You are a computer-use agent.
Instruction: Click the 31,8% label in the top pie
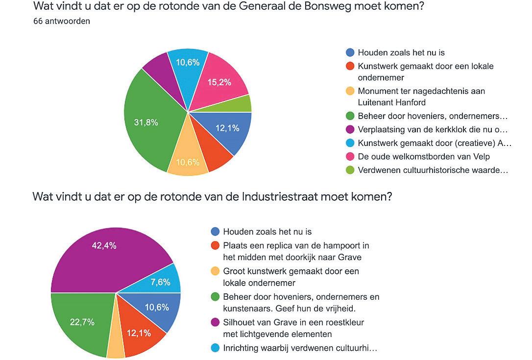pyautogui.click(x=146, y=122)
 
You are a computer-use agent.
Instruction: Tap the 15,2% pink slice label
pyautogui.click(x=219, y=82)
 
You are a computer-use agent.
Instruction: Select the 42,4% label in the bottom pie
pyautogui.click(x=104, y=245)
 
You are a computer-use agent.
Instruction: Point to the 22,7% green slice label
pyautogui.click(x=82, y=322)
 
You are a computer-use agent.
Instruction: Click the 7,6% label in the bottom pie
pyautogui.click(x=161, y=282)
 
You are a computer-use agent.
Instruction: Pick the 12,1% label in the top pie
pyautogui.click(x=227, y=128)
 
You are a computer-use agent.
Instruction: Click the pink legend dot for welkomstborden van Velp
pyautogui.click(x=350, y=156)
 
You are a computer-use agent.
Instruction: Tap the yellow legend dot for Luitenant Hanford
pyautogui.click(x=350, y=91)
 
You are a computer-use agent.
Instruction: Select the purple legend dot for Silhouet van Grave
pyautogui.click(x=215, y=322)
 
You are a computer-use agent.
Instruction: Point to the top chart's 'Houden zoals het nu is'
pyautogui.click(x=401, y=52)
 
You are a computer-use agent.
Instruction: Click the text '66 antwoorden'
pyautogui.click(x=62, y=21)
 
